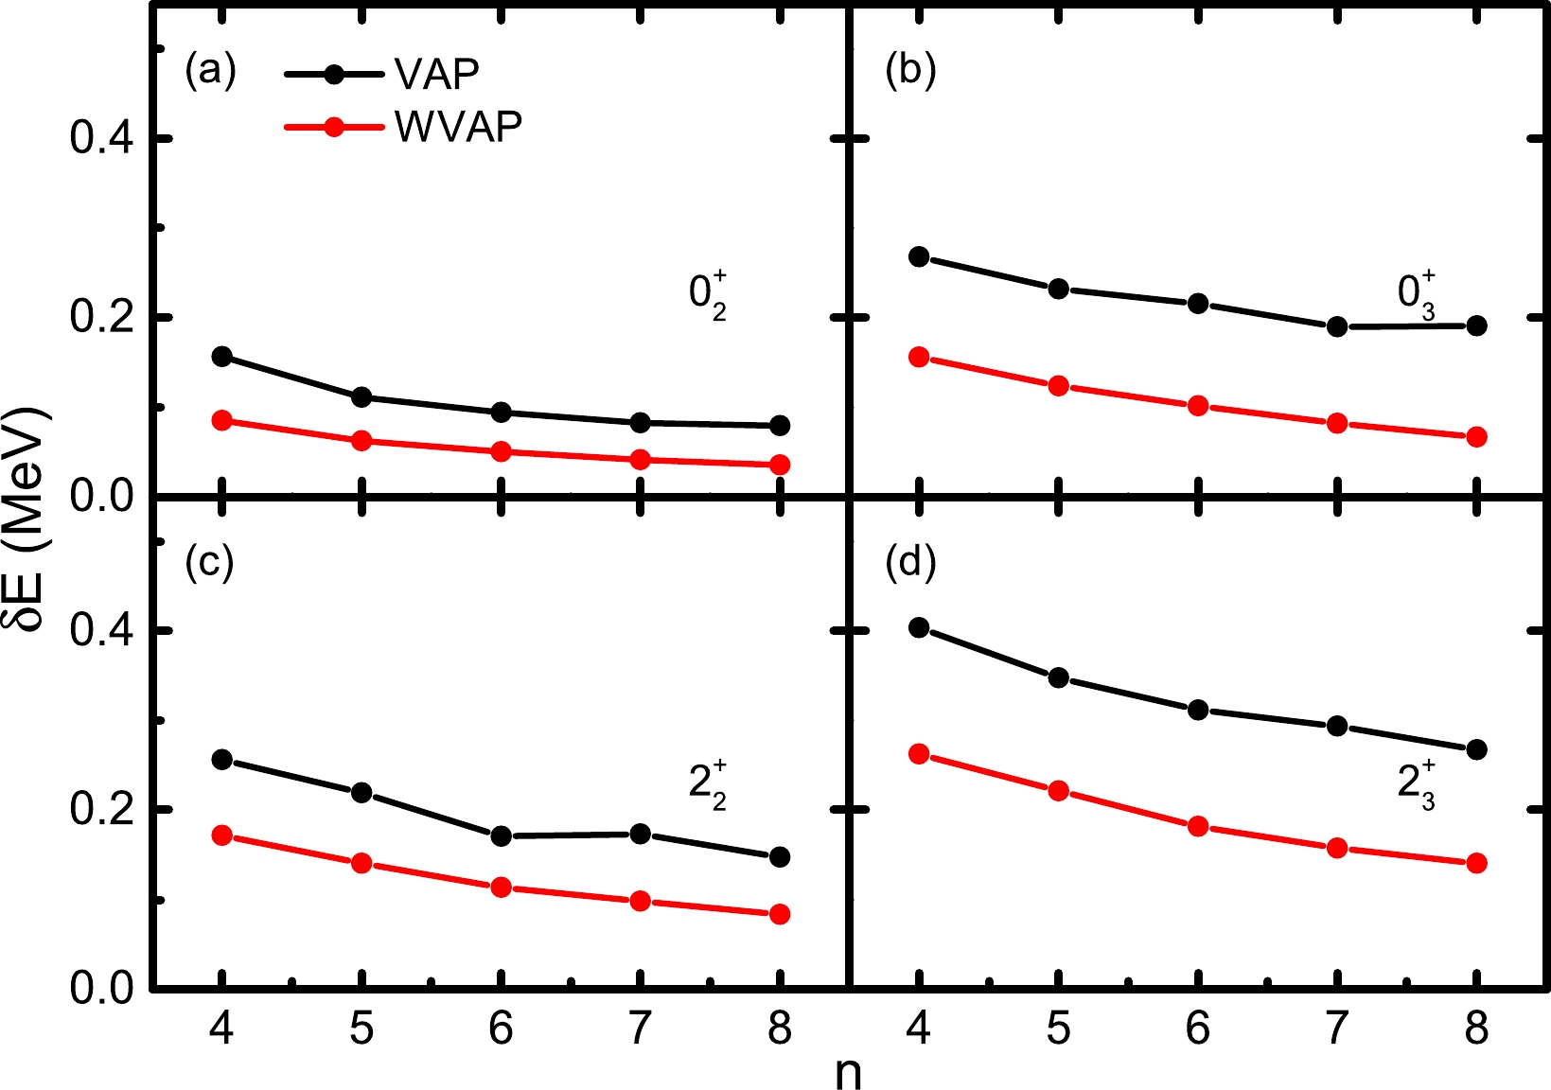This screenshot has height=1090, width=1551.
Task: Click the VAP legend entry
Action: pyautogui.click(x=436, y=74)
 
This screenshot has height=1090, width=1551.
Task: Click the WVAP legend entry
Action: pyautogui.click(x=458, y=126)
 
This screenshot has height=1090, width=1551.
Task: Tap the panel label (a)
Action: pyautogui.click(x=210, y=70)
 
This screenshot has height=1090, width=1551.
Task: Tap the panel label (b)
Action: pyautogui.click(x=910, y=70)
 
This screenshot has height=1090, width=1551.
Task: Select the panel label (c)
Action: pyautogui.click(x=210, y=562)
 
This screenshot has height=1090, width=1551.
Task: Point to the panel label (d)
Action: pyautogui.click(x=910, y=562)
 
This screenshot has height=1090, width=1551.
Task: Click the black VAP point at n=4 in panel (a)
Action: pyautogui.click(x=222, y=357)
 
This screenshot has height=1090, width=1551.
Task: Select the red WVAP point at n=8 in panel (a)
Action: pyautogui.click(x=780, y=465)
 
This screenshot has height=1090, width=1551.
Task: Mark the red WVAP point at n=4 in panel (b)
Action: pyautogui.click(x=919, y=357)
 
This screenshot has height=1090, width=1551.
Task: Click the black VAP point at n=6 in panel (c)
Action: pyautogui.click(x=502, y=836)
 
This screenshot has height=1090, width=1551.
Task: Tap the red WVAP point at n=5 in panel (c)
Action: pyautogui.click(x=361, y=863)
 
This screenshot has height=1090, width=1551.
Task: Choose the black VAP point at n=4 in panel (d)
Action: pyautogui.click(x=919, y=627)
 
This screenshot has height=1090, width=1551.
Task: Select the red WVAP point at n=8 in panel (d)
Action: pyautogui.click(x=1476, y=863)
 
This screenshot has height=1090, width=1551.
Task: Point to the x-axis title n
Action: pyautogui.click(x=849, y=1073)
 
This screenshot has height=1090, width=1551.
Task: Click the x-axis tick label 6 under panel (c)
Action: pyautogui.click(x=502, y=1028)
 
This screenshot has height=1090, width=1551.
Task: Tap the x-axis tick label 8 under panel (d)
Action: pyautogui.click(x=1476, y=1028)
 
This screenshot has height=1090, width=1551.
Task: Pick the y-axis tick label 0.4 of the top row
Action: pyautogui.click(x=101, y=139)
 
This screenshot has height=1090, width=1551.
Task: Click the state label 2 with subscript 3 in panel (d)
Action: pyautogui.click(x=1416, y=785)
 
